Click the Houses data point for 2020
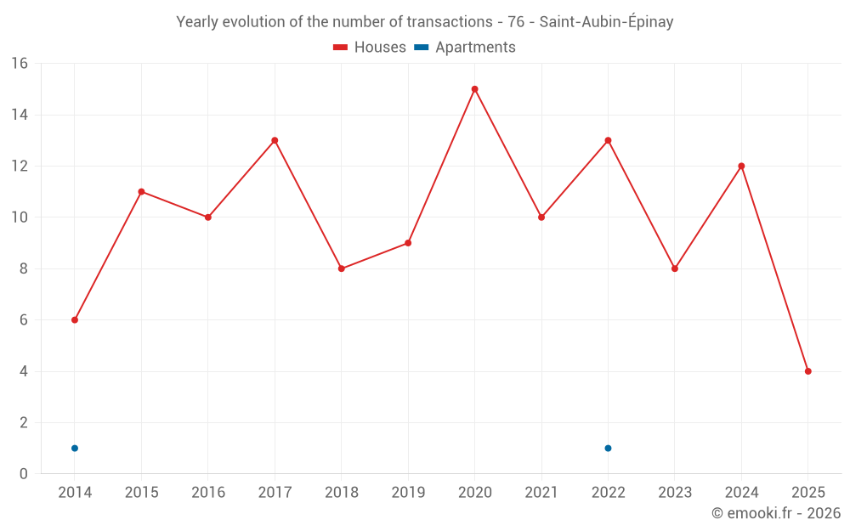(474, 89)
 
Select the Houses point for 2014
(75, 320)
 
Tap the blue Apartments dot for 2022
(608, 449)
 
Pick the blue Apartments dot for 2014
(75, 449)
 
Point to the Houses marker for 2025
(807, 371)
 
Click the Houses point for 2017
(275, 140)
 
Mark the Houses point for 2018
(341, 268)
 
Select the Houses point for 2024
(741, 166)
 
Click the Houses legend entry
(370, 48)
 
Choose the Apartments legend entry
(465, 48)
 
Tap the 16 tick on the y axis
(20, 63)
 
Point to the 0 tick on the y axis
(24, 474)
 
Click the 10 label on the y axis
(20, 217)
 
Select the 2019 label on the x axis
(408, 493)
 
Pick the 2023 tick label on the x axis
(675, 493)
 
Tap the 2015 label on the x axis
(141, 493)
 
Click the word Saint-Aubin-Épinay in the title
(606, 22)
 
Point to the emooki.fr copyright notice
(775, 513)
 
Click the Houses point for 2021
(541, 217)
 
